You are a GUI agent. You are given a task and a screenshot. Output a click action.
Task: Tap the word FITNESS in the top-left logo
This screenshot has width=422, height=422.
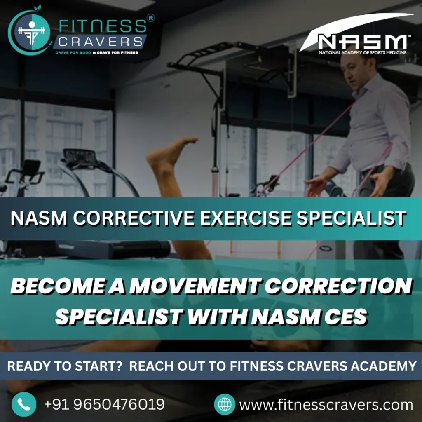103,26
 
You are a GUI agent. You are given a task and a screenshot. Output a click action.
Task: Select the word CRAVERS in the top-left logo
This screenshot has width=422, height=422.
100,42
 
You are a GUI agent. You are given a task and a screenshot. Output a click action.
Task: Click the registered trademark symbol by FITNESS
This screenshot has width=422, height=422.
151,18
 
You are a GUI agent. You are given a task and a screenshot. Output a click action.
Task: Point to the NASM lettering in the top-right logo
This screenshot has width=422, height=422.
362,42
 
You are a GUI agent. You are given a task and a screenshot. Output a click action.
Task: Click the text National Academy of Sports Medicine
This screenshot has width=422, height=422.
362,52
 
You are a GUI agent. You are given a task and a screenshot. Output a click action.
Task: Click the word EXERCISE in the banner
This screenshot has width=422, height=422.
246,218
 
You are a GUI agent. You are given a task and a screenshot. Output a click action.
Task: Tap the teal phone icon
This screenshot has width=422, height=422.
24,404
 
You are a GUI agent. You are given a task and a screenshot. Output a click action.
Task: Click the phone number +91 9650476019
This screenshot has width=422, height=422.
104,404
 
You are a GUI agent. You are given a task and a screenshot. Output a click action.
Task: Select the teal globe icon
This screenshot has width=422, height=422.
225,404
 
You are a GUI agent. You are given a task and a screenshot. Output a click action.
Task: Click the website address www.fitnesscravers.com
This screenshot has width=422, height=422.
326,405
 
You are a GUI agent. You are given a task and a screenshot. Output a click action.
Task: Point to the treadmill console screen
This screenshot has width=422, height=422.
80,156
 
